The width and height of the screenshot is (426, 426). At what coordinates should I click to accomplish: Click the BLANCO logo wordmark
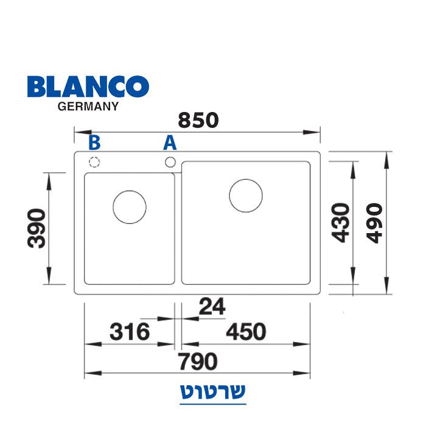88,86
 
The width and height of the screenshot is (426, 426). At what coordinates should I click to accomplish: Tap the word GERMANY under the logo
88,106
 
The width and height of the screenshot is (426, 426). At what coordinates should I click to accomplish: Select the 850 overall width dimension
198,120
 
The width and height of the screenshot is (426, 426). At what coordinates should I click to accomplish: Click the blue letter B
94,142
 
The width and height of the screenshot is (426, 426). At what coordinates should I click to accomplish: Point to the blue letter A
170,142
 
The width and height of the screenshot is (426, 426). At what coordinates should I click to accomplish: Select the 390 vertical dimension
37,228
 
